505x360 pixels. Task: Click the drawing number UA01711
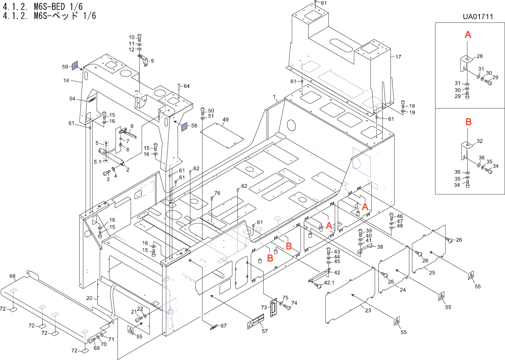(478, 17)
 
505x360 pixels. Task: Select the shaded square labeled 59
(75, 65)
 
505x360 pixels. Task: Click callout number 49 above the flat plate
(225, 120)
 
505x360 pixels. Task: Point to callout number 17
(398, 57)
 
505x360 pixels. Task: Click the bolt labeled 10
(140, 37)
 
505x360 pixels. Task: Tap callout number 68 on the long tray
(12, 276)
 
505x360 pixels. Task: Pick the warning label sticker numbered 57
(256, 321)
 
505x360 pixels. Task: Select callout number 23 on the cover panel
(368, 310)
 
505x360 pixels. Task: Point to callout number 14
(66, 81)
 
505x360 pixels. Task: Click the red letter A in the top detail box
(468, 35)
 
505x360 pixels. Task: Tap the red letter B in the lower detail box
(468, 122)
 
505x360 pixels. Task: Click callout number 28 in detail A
(479, 56)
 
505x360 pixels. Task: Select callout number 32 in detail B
(479, 141)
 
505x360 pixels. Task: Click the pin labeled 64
(179, 87)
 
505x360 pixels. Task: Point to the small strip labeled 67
(214, 327)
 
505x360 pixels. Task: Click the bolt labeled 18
(403, 104)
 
